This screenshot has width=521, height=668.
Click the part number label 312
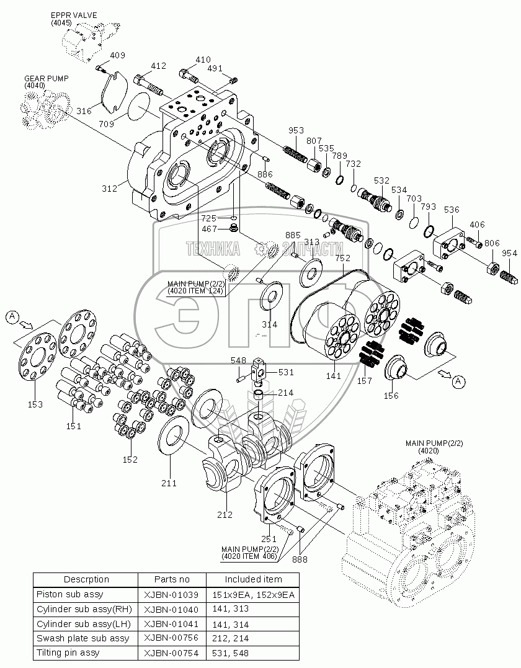click(110, 189)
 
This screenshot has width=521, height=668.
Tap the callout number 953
click(296, 130)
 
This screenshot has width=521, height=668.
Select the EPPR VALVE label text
click(74, 14)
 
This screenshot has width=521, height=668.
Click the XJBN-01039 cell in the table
click(172, 594)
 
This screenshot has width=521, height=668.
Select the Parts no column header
click(172, 579)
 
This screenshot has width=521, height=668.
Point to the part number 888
click(300, 559)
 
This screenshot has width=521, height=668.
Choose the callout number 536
click(451, 210)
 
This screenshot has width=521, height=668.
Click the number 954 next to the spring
click(509, 253)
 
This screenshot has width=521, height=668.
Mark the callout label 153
click(35, 404)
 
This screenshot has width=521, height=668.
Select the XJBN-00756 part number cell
click(172, 638)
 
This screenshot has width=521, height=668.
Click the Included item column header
click(252, 579)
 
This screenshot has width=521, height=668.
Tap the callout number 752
click(342, 257)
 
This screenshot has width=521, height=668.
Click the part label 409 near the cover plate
click(118, 56)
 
